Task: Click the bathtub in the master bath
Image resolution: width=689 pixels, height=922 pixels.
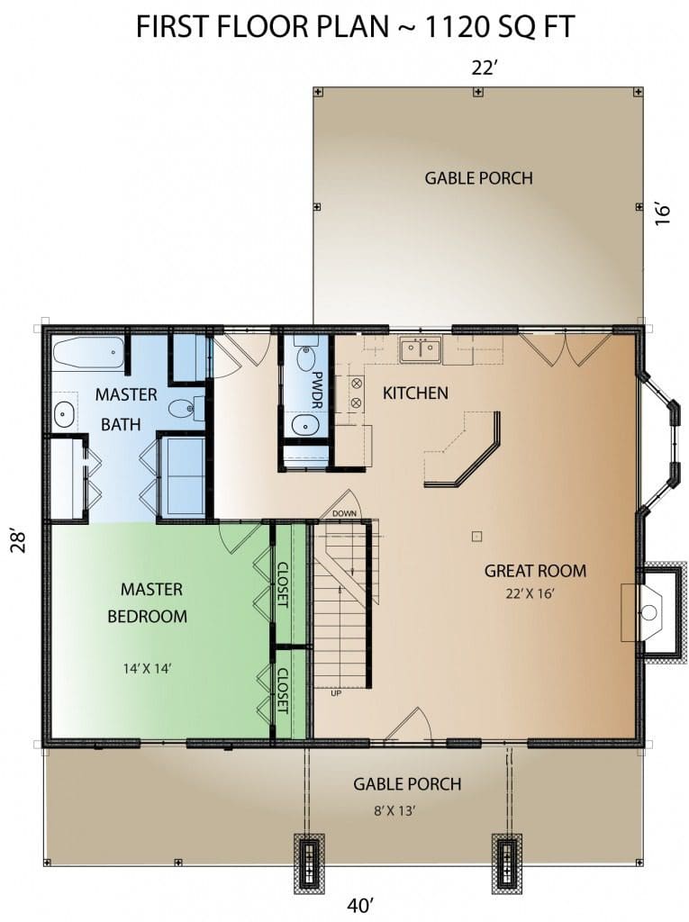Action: click(x=89, y=353)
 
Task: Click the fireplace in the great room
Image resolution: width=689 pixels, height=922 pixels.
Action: click(x=653, y=612)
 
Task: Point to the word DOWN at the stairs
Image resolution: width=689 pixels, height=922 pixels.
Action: click(x=344, y=513)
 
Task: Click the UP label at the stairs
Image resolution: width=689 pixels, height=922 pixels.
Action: click(x=336, y=693)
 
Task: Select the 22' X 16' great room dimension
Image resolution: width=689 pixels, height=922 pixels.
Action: click(x=530, y=593)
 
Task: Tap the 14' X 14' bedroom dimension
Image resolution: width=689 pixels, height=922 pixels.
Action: click(x=147, y=669)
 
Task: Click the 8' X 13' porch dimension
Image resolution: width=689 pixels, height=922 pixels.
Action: click(x=394, y=811)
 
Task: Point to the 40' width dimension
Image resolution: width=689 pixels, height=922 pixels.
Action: click(x=360, y=905)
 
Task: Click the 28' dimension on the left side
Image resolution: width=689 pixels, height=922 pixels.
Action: click(x=19, y=541)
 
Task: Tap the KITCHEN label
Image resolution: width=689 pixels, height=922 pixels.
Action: click(x=415, y=393)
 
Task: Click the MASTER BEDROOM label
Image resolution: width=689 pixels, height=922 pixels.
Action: click(x=148, y=602)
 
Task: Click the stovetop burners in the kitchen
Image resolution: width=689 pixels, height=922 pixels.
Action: click(x=356, y=393)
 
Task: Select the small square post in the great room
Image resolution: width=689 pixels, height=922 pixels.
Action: click(x=477, y=536)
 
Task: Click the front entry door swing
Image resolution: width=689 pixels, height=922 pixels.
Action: click(x=412, y=722)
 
